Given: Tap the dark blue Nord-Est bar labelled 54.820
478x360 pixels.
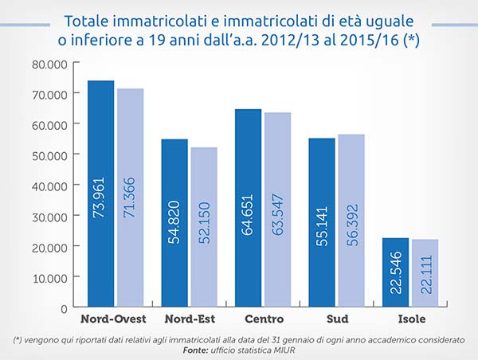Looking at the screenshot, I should [174, 223].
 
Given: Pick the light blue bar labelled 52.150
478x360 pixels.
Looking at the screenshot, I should [204, 227].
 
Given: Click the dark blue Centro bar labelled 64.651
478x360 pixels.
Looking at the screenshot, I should [248, 208].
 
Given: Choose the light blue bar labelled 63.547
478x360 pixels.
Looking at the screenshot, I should [277, 209].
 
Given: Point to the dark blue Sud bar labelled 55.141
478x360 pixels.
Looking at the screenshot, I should [322, 223].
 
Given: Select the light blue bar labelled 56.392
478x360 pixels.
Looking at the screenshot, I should [351, 221].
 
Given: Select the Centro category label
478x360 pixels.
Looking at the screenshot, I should [263, 319].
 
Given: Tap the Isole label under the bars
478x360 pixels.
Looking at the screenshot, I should [411, 319].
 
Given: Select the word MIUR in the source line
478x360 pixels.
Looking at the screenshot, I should [282, 350].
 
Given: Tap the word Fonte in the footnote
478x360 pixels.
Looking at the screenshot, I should [197, 350].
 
